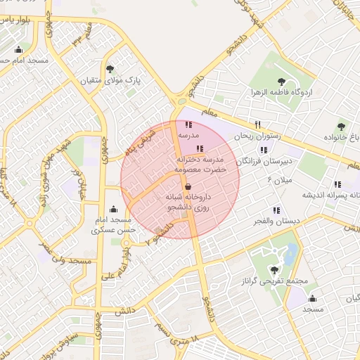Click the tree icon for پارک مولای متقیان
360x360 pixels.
click(x=110, y=68)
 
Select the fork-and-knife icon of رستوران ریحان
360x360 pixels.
click(x=258, y=124)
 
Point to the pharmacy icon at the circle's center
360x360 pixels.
click(x=188, y=186)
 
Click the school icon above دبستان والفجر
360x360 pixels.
click(x=276, y=210)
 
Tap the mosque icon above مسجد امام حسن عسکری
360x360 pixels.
click(x=113, y=209)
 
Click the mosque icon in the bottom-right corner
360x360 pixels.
click(x=312, y=298)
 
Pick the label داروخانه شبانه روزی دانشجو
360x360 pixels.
click(x=188, y=203)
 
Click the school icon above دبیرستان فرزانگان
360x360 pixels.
click(x=264, y=150)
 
